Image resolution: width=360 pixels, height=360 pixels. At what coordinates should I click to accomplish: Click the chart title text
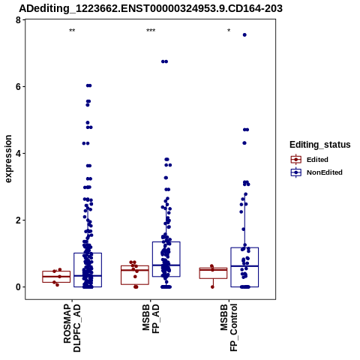click(x=151, y=8)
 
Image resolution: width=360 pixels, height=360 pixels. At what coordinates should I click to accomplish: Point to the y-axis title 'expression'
click(x=8, y=159)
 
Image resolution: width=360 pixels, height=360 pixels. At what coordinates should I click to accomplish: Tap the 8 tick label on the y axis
click(x=18, y=19)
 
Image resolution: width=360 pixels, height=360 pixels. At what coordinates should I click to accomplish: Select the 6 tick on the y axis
click(x=18, y=86)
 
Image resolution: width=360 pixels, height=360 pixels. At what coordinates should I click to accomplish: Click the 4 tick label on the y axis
click(x=18, y=153)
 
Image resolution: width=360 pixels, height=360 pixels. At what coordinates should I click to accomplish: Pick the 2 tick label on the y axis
click(x=18, y=220)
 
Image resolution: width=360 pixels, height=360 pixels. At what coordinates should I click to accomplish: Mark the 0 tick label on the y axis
click(x=18, y=287)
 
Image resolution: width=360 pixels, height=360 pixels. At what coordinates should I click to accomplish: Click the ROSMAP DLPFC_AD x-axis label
click(x=72, y=328)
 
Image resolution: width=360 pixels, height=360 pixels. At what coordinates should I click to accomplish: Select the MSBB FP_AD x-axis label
click(x=151, y=319)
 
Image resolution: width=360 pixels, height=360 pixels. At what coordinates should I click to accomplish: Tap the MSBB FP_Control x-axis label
click(x=229, y=328)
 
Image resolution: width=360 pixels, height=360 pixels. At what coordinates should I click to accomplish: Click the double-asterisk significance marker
click(x=72, y=31)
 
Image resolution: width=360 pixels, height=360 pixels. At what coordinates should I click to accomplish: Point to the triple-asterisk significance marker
click(x=151, y=31)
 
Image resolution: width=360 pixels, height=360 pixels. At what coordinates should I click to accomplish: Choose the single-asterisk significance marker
click(x=229, y=31)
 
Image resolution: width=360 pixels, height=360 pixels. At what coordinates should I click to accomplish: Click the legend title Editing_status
click(x=320, y=145)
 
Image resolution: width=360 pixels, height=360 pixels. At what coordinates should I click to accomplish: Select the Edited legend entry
click(x=309, y=160)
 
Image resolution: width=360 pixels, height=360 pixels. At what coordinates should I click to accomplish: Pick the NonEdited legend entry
click(x=316, y=172)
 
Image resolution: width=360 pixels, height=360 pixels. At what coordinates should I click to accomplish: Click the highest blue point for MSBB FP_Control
click(x=244, y=35)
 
